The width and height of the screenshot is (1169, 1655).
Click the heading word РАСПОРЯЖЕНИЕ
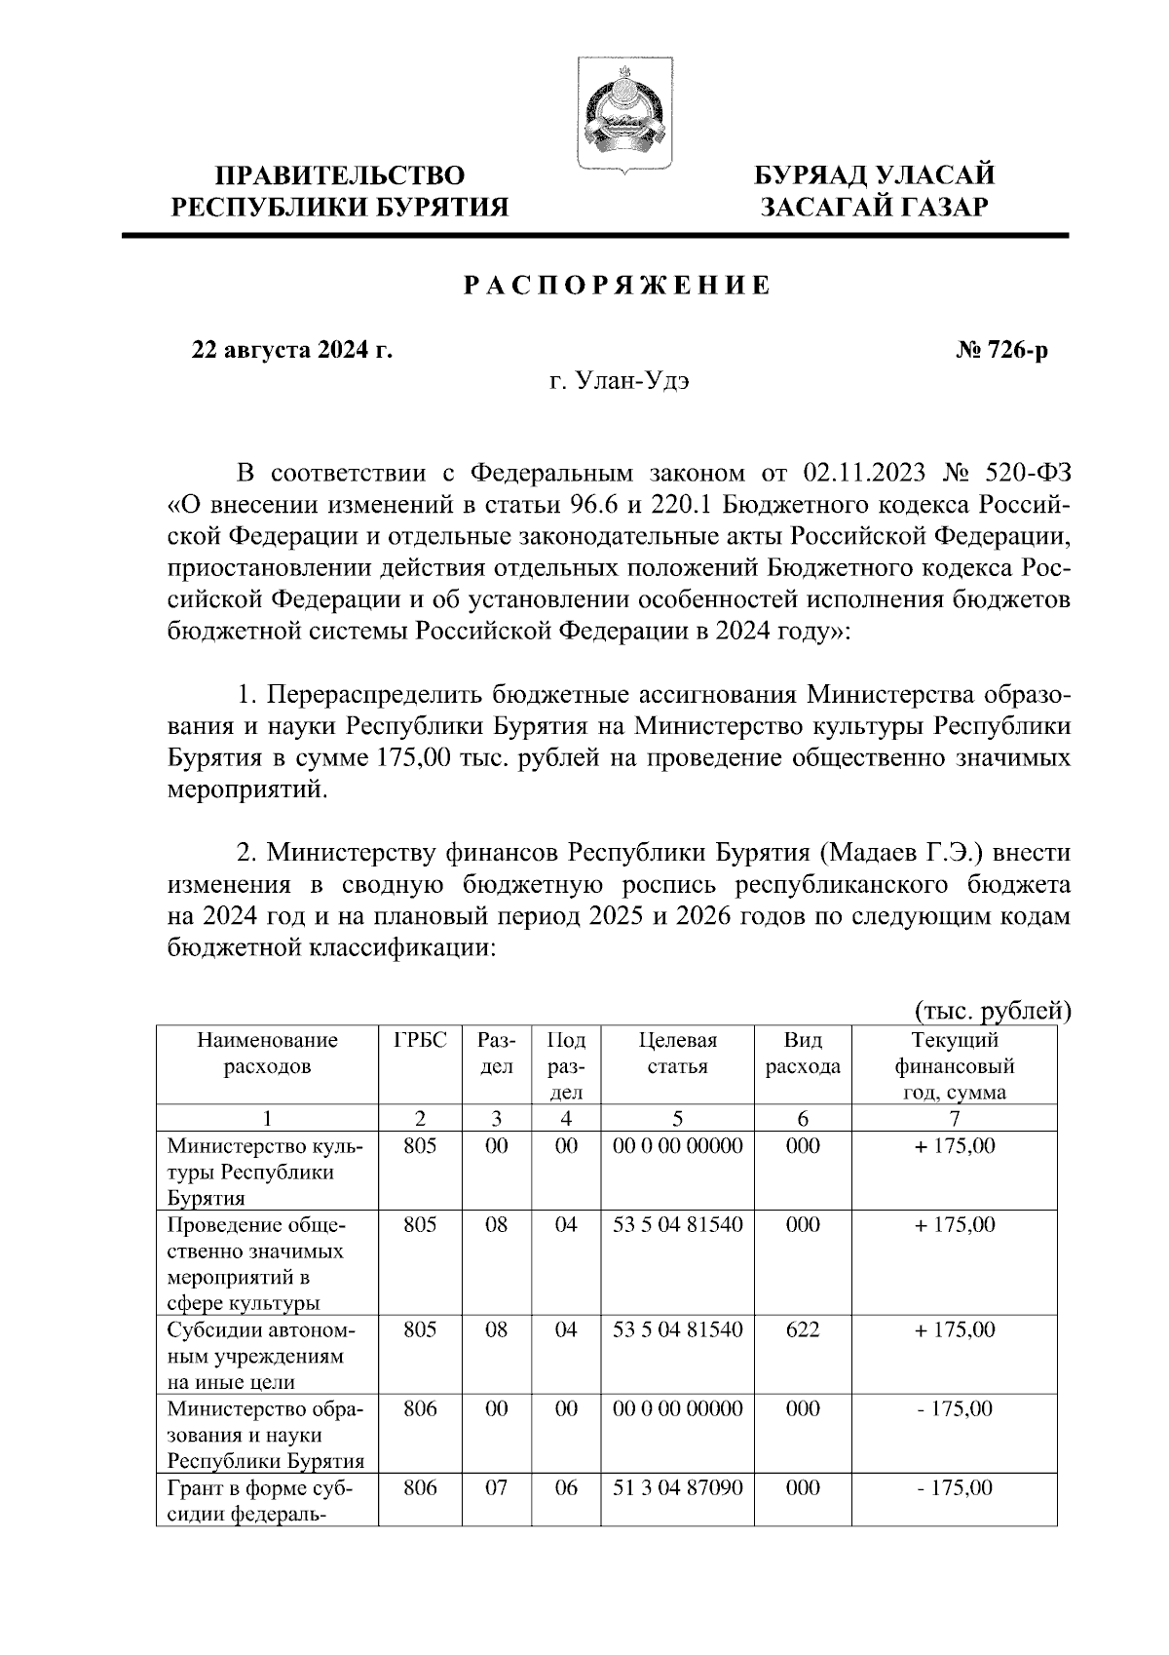click(x=616, y=286)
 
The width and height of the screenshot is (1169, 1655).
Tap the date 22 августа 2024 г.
click(x=292, y=350)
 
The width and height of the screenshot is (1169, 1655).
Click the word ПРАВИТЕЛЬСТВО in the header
click(x=340, y=175)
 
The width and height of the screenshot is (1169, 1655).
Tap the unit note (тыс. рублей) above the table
click(x=993, y=1011)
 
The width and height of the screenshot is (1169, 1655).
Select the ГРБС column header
click(x=420, y=1040)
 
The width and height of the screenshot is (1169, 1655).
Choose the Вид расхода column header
click(x=803, y=1053)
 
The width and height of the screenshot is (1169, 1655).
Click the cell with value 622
click(x=803, y=1329)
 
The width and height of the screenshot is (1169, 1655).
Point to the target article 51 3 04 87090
click(x=677, y=1487)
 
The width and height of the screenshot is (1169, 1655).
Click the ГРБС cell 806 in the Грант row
click(x=420, y=1487)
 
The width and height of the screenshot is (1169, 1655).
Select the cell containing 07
click(x=497, y=1487)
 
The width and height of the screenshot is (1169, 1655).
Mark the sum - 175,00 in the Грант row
click(x=955, y=1487)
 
